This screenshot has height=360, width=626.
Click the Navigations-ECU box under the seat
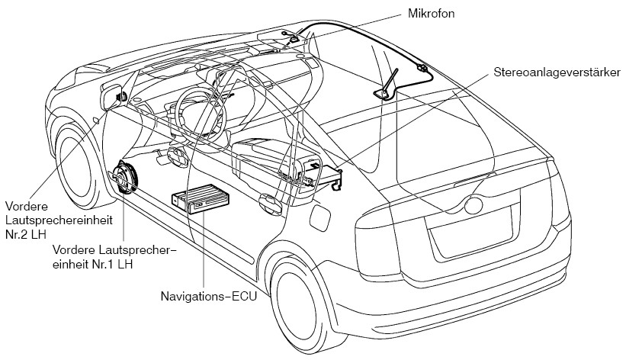[x=201, y=198]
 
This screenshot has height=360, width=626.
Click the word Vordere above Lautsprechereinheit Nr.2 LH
[x=27, y=206]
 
